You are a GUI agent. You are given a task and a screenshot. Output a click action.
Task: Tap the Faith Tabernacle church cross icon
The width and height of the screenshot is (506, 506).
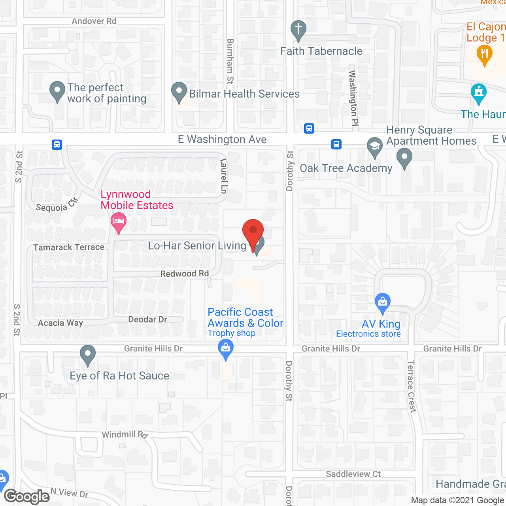[298, 30]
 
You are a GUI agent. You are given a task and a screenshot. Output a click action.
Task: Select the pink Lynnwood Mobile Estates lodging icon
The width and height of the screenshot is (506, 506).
[118, 221]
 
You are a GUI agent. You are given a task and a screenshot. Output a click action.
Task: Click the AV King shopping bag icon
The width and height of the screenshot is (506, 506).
[382, 302]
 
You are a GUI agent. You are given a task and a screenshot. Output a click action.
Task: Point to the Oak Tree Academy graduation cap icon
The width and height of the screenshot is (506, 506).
[374, 147]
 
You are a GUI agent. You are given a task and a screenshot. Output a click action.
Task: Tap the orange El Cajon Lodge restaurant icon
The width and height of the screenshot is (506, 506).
[484, 55]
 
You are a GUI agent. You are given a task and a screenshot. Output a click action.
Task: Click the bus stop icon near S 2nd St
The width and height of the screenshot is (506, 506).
[57, 145]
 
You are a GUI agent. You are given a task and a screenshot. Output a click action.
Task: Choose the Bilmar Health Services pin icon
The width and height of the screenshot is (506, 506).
[179, 92]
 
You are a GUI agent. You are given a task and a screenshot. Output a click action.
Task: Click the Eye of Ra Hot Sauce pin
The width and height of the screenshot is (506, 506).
[88, 354]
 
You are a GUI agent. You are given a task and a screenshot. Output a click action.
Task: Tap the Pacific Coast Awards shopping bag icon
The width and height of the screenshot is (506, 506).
[226, 349]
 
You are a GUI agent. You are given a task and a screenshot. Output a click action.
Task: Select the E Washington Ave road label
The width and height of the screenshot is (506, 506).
[222, 139]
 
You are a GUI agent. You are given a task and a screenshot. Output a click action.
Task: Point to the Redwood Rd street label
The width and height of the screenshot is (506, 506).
[185, 274]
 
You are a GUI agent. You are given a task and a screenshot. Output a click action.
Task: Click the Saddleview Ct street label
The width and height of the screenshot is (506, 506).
[353, 474]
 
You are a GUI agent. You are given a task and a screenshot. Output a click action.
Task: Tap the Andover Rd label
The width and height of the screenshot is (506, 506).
[94, 21]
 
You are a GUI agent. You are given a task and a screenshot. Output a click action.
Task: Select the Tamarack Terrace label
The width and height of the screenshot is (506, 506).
[69, 247]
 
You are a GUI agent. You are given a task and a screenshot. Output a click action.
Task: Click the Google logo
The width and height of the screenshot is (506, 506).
[27, 497]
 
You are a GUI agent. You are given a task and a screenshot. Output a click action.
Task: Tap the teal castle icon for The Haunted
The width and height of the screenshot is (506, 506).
[479, 93]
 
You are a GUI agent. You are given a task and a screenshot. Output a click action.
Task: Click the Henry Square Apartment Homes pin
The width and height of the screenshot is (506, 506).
[404, 157]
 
